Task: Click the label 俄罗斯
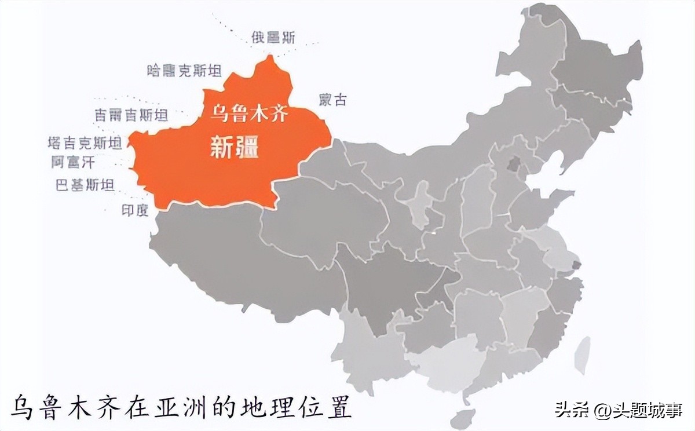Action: coord(273,38)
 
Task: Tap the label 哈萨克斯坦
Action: coord(185,71)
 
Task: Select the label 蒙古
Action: coord(332,100)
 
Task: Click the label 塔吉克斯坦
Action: coord(85,143)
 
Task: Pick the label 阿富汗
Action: coord(72,162)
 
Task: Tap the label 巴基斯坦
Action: coord(85,185)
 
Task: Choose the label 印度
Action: coord(135,210)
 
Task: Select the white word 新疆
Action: coord(234,148)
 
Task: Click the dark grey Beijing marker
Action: coord(513,165)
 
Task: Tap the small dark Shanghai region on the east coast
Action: coord(576,265)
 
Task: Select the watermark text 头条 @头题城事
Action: coord(619,410)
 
